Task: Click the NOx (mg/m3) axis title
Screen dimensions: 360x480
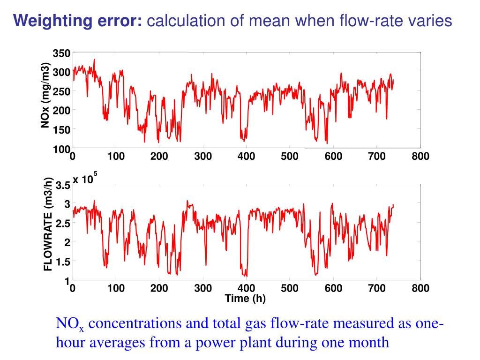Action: tap(45, 95)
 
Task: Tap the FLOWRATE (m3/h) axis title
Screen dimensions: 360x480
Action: tap(48, 225)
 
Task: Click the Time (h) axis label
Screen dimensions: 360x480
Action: tap(245, 299)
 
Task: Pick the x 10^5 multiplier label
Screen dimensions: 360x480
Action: tap(84, 180)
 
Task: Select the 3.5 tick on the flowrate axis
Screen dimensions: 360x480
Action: tap(63, 186)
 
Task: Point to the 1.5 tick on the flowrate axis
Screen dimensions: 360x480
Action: tap(63, 262)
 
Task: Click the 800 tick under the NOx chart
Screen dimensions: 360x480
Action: tap(420, 157)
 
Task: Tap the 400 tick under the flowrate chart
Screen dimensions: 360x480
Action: tap(246, 288)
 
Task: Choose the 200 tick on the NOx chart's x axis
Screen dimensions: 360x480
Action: tap(159, 157)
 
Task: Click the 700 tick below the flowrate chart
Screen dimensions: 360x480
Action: tap(377, 288)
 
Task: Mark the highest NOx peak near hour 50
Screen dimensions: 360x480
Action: tap(94, 60)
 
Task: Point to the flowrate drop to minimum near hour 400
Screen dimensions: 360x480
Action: tap(246, 276)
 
